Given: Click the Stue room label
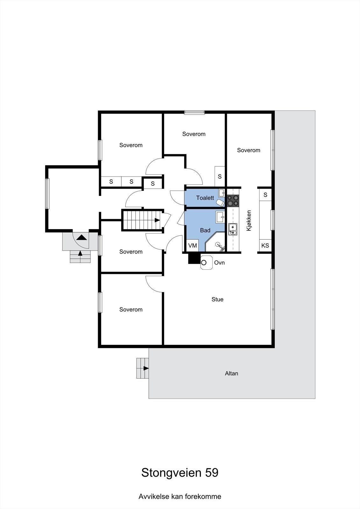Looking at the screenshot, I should click(x=217, y=299).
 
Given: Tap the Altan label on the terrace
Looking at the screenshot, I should click(x=231, y=373).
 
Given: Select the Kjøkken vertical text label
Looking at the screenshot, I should click(x=249, y=220).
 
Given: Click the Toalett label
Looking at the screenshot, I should click(x=205, y=198).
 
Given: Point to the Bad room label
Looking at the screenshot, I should click(x=205, y=230).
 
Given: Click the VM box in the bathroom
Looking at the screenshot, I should click(x=193, y=246).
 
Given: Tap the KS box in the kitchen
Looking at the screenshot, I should click(x=265, y=246).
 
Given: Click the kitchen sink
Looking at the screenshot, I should click(x=233, y=228).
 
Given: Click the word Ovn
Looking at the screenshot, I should click(x=219, y=263).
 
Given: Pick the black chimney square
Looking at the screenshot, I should click(x=193, y=258).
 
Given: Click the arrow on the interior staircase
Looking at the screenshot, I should click(x=157, y=220).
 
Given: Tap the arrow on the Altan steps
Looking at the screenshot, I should click(x=146, y=368).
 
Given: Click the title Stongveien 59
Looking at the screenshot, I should click(x=180, y=473).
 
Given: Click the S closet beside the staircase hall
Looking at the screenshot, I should click(x=153, y=184).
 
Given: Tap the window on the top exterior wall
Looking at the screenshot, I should click(x=194, y=112).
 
